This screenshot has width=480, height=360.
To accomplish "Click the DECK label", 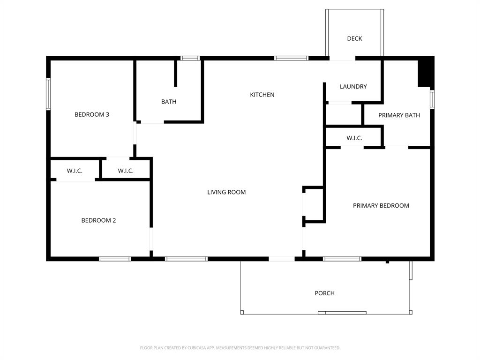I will [354, 38].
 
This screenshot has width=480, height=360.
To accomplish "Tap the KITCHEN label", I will [262, 95].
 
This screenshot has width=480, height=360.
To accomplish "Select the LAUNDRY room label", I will [353, 87].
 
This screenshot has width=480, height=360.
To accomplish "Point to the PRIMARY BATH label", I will [399, 115].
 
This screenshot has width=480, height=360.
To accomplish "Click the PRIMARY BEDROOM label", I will [381, 205].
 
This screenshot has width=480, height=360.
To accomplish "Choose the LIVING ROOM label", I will [226, 192].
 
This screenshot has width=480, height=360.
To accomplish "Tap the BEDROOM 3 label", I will [92, 114].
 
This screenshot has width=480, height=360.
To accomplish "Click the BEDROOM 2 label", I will [98, 220].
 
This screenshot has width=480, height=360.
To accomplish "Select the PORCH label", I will [324, 293].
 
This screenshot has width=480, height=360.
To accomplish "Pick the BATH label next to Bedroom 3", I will [169, 102].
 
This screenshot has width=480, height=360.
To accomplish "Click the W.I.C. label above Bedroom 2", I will [75, 171].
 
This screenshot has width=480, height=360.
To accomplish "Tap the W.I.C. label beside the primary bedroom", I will [354, 138].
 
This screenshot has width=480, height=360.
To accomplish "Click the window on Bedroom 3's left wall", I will [48, 94].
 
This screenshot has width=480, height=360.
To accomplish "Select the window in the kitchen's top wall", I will [291, 58].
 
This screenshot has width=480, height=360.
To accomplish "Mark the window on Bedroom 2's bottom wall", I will [115, 258].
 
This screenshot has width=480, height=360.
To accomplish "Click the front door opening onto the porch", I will [282, 258].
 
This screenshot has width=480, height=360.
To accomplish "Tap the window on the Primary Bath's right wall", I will [432, 99].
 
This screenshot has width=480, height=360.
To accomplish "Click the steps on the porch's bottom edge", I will [342, 313].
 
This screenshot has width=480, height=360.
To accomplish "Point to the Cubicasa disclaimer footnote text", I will [240, 348].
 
